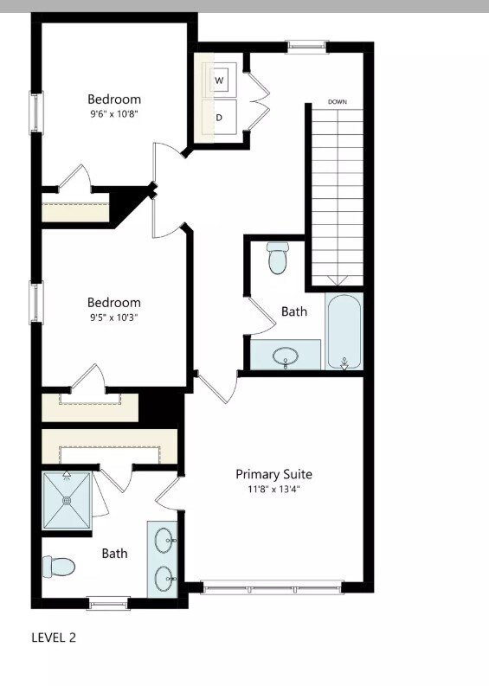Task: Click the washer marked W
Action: [219, 80]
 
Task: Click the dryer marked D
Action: [219, 118]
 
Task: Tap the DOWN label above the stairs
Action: [338, 102]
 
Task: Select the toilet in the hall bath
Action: [277, 256]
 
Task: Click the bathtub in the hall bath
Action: [344, 331]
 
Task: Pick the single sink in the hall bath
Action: [285, 355]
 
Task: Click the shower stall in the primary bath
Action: [67, 500]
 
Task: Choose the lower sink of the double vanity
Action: [164, 576]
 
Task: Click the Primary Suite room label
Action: [273, 474]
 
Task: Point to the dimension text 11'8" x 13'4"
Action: [273, 489]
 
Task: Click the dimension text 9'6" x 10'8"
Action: [113, 113]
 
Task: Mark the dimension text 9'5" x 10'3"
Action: [113, 317]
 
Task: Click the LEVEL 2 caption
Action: [54, 638]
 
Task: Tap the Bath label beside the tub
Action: [293, 311]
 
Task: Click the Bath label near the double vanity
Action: [114, 553]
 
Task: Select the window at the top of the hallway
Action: [307, 46]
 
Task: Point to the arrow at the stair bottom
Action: [337, 280]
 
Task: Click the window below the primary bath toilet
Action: [109, 603]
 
